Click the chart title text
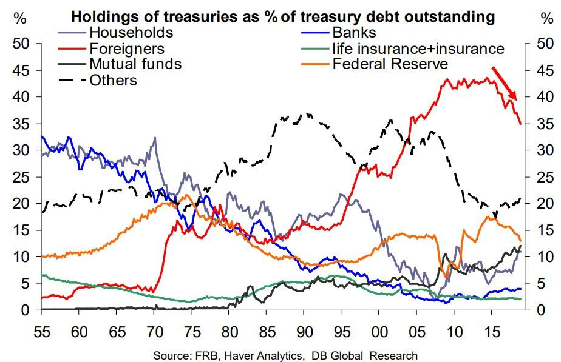pos(283,16)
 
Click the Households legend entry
pos(131,33)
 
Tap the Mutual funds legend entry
pos(135,64)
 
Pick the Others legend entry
pos(113,79)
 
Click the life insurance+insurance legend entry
pos(418,49)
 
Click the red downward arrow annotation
pos(504,83)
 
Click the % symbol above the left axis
pos(20,18)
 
